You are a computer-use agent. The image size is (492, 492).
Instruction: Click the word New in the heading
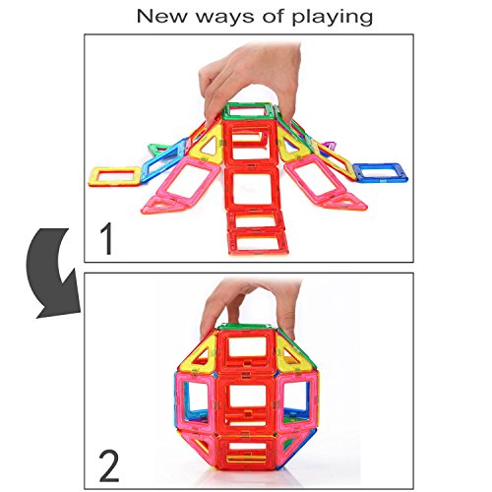(161, 17)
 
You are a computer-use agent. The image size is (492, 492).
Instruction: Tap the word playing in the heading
(333, 18)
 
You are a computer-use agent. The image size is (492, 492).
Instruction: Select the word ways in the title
(225, 18)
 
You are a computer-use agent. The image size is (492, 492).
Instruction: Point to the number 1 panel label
(107, 238)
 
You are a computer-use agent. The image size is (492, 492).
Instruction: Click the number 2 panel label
(109, 465)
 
